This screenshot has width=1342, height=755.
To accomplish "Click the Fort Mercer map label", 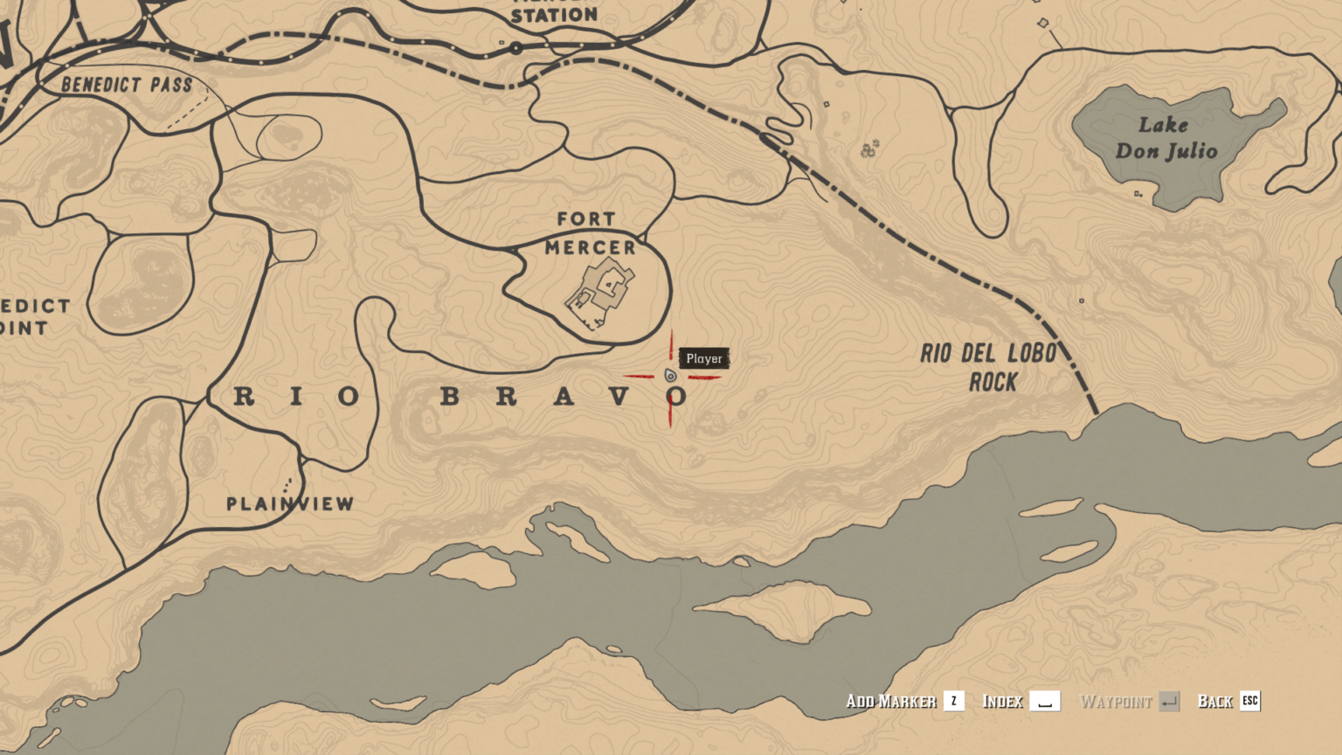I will [x=590, y=233].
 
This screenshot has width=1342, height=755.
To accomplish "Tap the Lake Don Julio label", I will [x=1166, y=138].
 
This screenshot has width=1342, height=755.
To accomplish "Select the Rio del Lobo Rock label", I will [x=989, y=367].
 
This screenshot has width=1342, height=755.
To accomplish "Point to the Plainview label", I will [x=290, y=504].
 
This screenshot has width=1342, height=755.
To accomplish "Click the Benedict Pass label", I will [x=127, y=85].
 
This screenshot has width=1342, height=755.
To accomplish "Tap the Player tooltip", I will [x=704, y=358].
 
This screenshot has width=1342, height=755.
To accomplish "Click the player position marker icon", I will [x=670, y=376].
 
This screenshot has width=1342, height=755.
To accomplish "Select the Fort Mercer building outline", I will [x=600, y=295].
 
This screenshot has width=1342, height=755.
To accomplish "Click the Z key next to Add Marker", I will [x=954, y=701].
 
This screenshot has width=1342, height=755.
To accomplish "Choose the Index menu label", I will [x=1002, y=701].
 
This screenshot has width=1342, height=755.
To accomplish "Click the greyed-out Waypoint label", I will [x=1116, y=701].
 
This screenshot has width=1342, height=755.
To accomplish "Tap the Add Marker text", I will [x=890, y=701].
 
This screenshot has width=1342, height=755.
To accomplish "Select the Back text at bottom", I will [x=1214, y=701].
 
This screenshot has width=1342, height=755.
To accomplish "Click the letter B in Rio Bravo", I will [x=450, y=397].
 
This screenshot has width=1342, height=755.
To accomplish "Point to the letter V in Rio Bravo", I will [x=619, y=397].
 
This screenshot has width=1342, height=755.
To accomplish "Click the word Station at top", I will [x=554, y=15].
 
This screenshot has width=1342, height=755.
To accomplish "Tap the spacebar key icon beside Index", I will [x=1045, y=701].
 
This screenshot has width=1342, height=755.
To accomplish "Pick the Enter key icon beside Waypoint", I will [x=1169, y=701].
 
